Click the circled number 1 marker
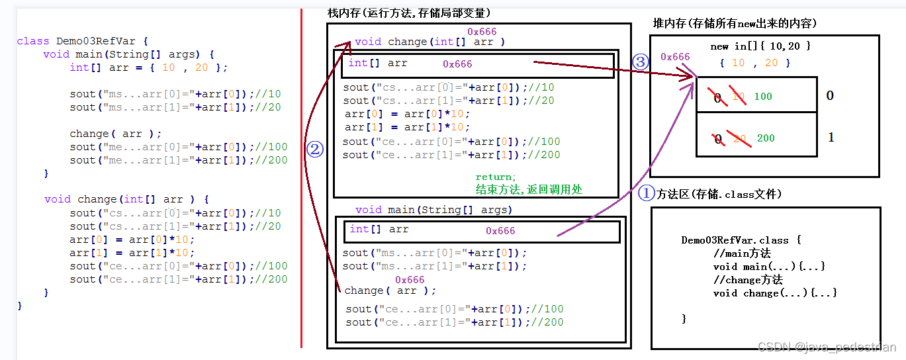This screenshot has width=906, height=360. (x=645, y=194)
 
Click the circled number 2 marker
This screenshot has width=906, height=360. (x=314, y=150)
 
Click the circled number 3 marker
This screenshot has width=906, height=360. (x=640, y=62)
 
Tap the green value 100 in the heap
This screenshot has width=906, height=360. (x=763, y=97)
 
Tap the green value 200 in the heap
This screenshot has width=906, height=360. (x=766, y=138)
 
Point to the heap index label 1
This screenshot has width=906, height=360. (x=831, y=138)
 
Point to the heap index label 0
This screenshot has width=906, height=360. (x=830, y=96)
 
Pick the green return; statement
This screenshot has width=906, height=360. (x=495, y=177)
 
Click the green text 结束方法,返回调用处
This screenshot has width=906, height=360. (x=529, y=189)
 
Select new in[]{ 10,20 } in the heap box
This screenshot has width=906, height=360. (x=760, y=46)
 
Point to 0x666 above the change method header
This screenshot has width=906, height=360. (x=482, y=32)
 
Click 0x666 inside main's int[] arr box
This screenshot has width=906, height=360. (x=500, y=231)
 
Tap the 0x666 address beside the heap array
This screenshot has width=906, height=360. (x=675, y=57)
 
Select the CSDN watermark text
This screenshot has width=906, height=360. (x=827, y=347)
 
